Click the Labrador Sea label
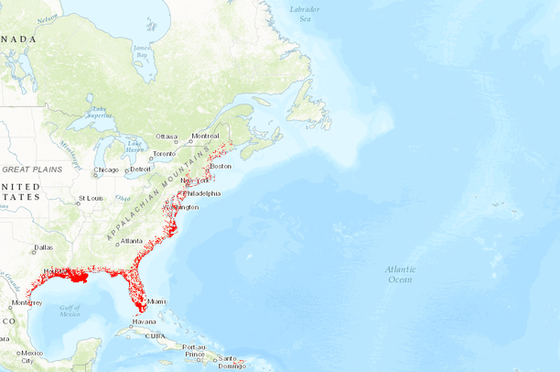[x=305, y=13]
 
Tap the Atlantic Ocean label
[x=400, y=274]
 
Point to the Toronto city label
[x=163, y=154]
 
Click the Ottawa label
[x=167, y=137]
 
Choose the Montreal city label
[x=205, y=137]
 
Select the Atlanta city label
[x=132, y=241]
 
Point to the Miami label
[x=157, y=301]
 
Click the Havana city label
[x=145, y=322]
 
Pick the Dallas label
[x=43, y=247]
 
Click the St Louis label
[x=91, y=198]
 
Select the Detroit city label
[x=140, y=170]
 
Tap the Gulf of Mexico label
[x=70, y=311]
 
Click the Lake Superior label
[x=99, y=114]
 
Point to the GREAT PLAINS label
[x=31, y=170]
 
